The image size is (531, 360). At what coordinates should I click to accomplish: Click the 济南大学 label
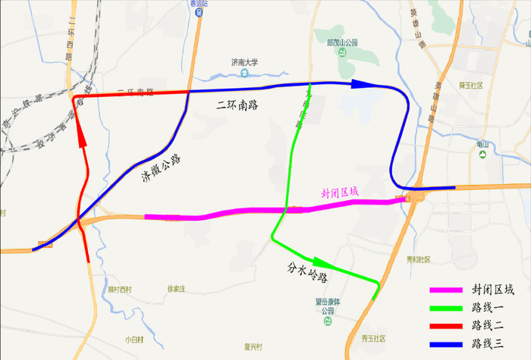245,63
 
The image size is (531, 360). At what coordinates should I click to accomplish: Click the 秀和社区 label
418,259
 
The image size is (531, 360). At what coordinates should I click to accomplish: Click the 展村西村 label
119,290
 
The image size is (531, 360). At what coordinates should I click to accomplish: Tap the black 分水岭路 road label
308,272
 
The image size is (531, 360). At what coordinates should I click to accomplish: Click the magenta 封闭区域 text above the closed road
340,193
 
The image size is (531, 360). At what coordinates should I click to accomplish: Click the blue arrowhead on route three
363,83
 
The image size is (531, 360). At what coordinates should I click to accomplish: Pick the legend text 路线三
489,343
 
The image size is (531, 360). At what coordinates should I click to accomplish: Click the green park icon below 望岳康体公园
328,320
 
